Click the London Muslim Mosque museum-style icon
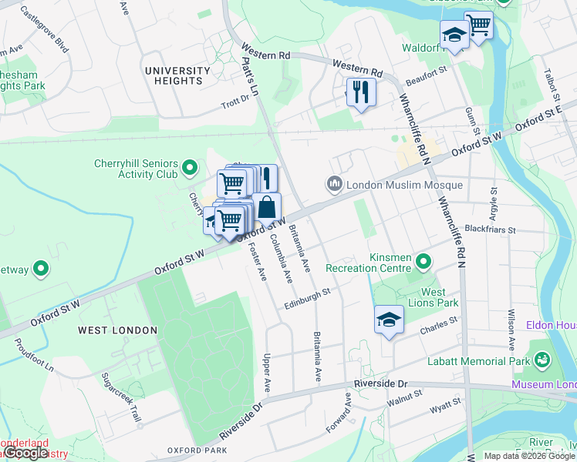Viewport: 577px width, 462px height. (334, 185)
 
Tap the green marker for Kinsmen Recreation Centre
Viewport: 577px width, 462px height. (423, 263)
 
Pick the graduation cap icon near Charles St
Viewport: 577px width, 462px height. (390, 320)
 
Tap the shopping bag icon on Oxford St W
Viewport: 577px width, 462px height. (266, 208)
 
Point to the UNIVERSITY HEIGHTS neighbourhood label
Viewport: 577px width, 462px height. (177, 75)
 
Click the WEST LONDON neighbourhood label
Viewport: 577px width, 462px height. (117, 330)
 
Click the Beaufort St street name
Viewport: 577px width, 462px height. (427, 73)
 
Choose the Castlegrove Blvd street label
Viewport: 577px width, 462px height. (46, 30)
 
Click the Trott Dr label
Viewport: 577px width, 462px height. (235, 102)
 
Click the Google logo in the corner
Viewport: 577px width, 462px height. (26, 453)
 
